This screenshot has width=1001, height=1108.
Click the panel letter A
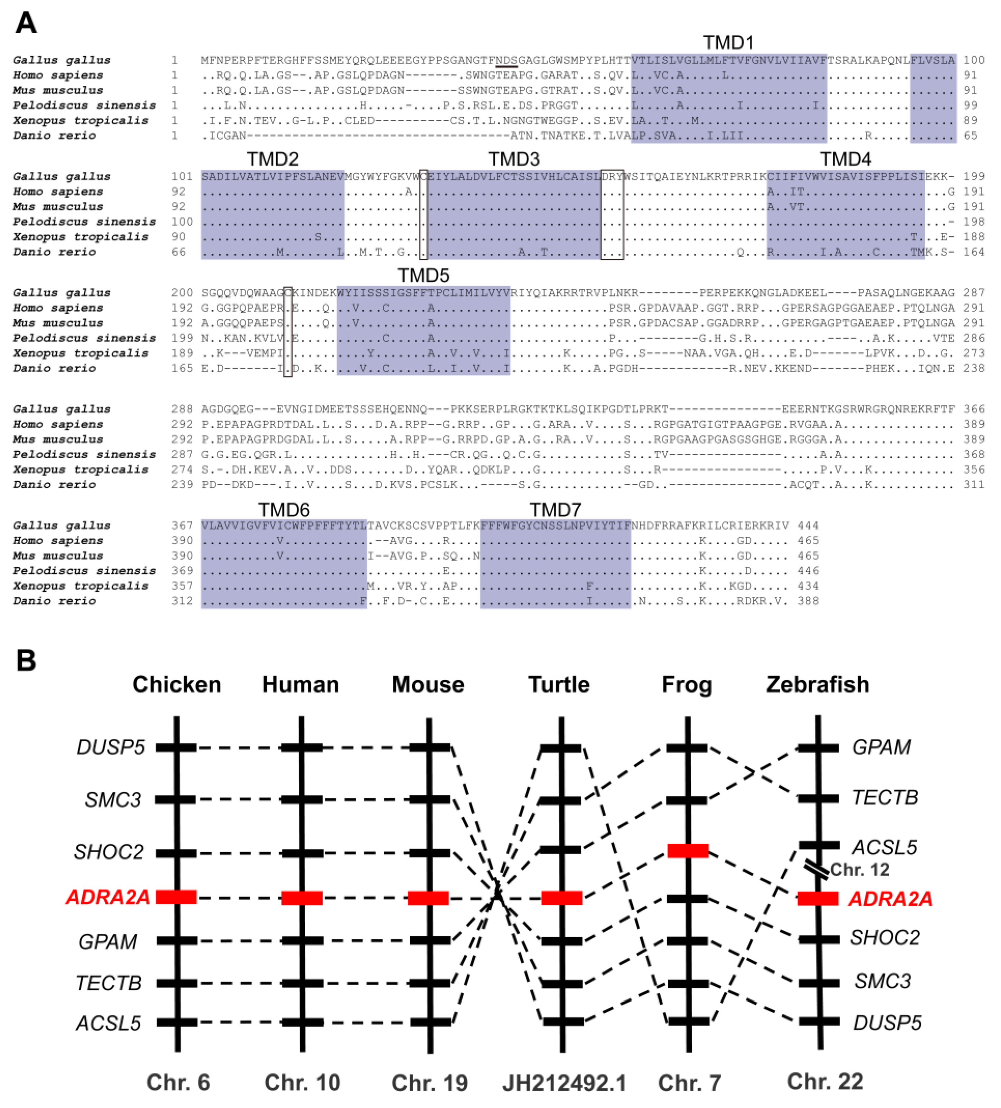pos(26,24)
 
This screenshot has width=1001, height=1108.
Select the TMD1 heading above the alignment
pos(728,43)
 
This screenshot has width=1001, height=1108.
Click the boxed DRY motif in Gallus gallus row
pos(612,176)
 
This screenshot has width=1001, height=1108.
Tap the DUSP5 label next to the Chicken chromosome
pos(111,748)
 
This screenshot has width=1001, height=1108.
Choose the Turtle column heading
pos(559,685)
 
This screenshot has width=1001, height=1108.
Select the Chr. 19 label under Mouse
pos(429,1083)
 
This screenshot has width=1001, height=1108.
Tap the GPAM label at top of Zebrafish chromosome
pos(881,747)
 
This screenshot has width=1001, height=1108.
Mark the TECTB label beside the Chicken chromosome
pos(109,983)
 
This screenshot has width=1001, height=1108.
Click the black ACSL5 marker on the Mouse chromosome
pos(429,1022)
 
